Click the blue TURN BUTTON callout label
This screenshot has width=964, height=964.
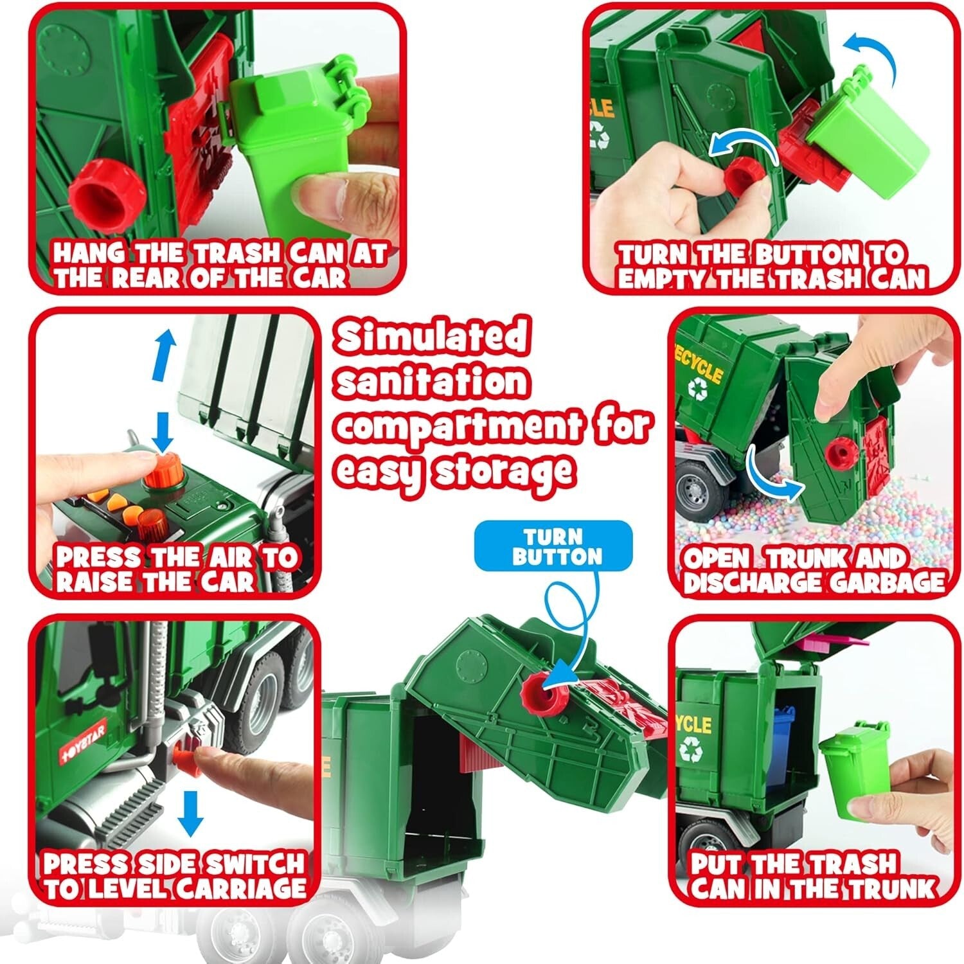(x=557, y=546)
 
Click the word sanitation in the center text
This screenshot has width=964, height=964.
(x=432, y=382)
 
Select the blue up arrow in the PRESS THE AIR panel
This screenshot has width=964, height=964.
(x=166, y=350)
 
